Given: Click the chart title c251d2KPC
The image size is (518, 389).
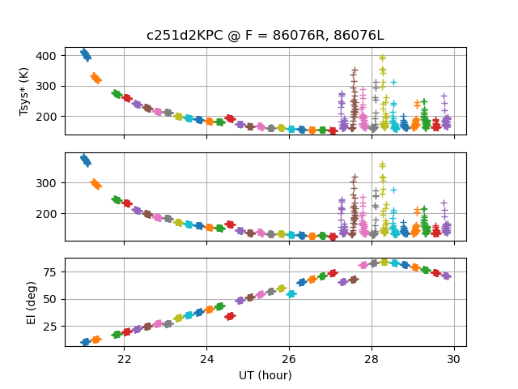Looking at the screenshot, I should coord(258,36).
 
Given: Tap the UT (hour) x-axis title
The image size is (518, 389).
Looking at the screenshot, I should coord(265,375).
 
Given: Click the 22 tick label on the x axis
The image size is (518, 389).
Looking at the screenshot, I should coord(124,359).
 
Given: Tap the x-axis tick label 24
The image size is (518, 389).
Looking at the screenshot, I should coord(206,359).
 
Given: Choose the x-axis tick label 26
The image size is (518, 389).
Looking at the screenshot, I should coord(289,359).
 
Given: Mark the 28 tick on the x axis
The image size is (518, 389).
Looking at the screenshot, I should coord(372,359).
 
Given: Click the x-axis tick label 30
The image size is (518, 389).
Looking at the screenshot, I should coord(454,359).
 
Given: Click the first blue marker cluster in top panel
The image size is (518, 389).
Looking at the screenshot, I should coord(86,54).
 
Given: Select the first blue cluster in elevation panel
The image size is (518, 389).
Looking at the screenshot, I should coord(85,342).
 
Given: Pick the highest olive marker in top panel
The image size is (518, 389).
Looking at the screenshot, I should coord(382,58).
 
